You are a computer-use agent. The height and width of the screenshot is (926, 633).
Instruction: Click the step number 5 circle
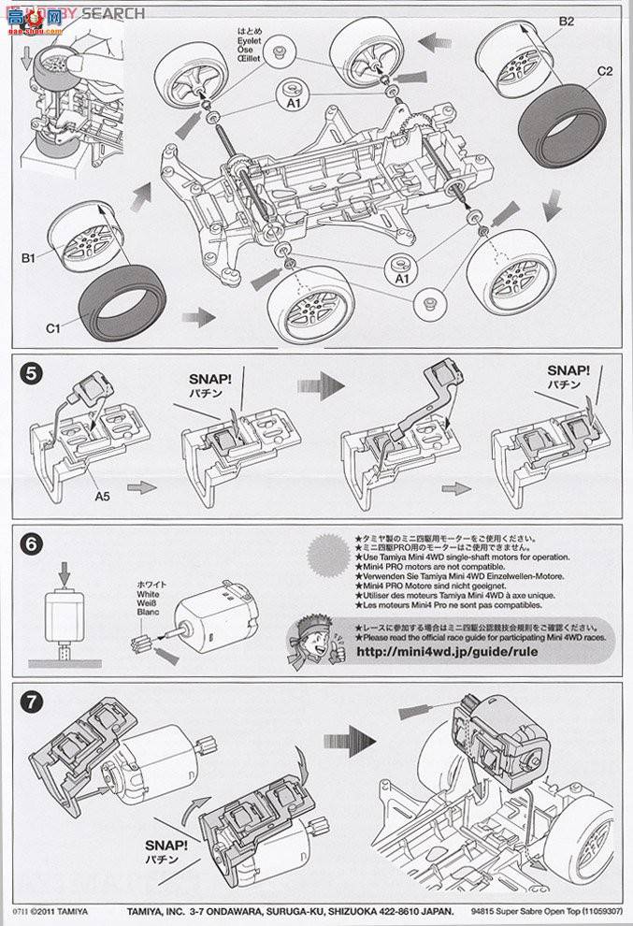(x=32, y=374)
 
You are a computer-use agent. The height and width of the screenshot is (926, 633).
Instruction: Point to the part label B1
(x=29, y=255)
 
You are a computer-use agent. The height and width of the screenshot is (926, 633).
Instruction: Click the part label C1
(x=53, y=328)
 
